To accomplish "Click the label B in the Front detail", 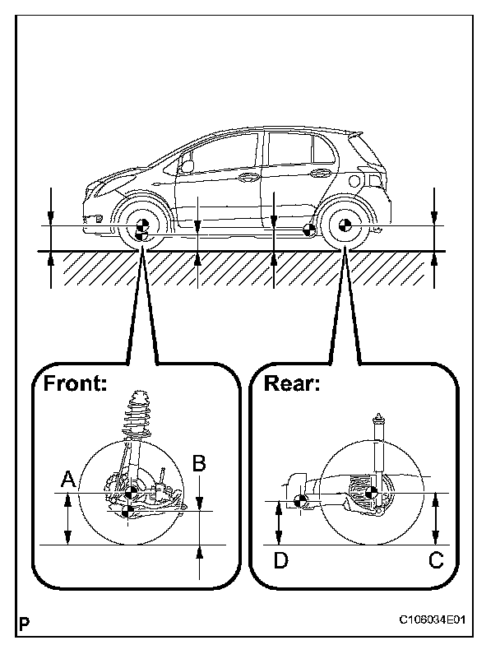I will pos(198,462).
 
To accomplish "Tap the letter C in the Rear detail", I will pos(436,560).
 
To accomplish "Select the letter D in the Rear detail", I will pos(280,560).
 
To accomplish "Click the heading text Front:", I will pos(75,383).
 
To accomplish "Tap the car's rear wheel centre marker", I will pos(345,227).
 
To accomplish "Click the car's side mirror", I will pos(187,165).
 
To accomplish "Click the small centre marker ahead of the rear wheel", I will pos(308,230).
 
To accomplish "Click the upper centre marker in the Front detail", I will pos(132,493).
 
